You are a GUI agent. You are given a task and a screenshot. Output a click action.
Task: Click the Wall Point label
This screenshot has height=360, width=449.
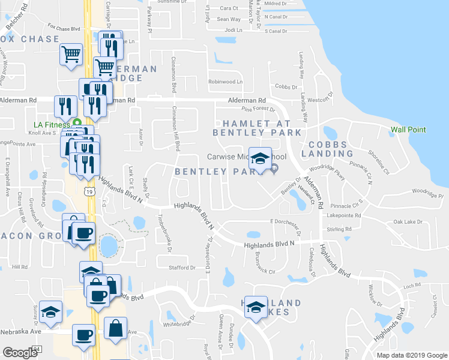408,130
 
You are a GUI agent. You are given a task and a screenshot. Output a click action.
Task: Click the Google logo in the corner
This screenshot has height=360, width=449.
20,353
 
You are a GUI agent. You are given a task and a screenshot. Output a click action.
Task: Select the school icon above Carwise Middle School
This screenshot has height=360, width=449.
260,158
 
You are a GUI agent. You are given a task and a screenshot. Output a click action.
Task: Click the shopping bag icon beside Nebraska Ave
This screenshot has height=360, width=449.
115,329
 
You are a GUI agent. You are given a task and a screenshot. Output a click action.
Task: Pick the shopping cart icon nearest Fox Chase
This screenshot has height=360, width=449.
71,54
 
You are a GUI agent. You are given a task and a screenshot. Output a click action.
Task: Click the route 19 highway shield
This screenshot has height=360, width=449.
89,191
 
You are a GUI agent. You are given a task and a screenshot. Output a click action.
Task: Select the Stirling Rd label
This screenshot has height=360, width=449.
340,229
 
